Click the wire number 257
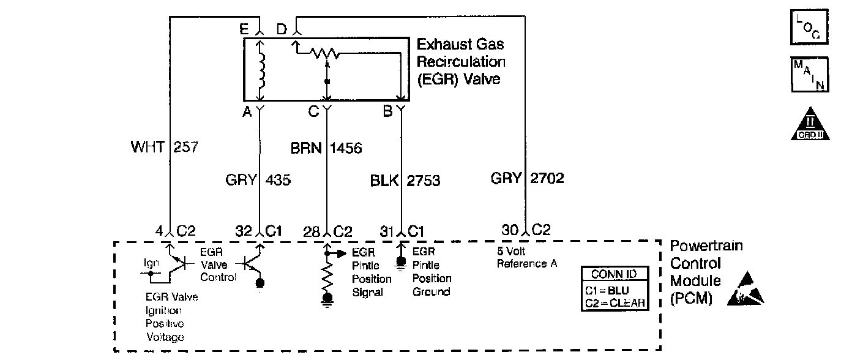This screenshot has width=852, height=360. point(186,148)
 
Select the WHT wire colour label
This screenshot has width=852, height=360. point(147,148)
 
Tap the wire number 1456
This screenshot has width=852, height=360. point(346,148)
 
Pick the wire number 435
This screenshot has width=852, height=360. point(278,181)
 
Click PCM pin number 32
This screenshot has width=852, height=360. point(244,231)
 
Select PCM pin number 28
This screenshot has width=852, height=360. point(312,231)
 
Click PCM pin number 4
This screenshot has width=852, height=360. point(159,231)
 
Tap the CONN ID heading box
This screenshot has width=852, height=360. point(614,274)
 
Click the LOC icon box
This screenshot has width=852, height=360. point(809,26)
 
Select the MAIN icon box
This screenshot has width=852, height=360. point(809,74)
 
